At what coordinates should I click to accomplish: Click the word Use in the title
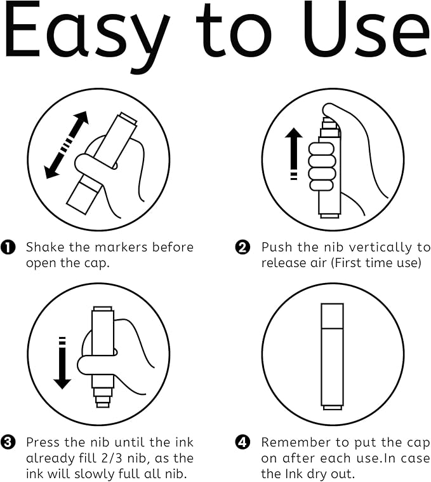367,31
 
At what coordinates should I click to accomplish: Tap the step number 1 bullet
8,247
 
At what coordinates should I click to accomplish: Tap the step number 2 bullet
242,247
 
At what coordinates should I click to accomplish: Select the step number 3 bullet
8,443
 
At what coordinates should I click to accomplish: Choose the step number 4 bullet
242,443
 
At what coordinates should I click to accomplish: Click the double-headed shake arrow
66,145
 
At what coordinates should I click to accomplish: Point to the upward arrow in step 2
293,153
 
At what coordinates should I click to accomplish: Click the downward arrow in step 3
62,362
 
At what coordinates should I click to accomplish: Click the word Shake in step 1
45,247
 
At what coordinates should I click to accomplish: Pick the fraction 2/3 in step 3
112,458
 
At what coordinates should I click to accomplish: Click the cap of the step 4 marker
332,315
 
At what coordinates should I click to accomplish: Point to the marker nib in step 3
103,397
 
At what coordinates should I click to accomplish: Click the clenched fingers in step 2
321,167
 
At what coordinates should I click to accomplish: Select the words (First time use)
376,263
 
